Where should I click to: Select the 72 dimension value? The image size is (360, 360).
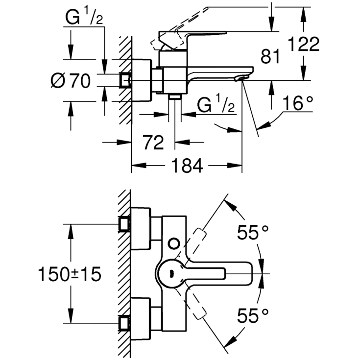[x=153, y=143]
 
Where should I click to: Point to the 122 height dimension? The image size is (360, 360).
[x=304, y=45]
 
